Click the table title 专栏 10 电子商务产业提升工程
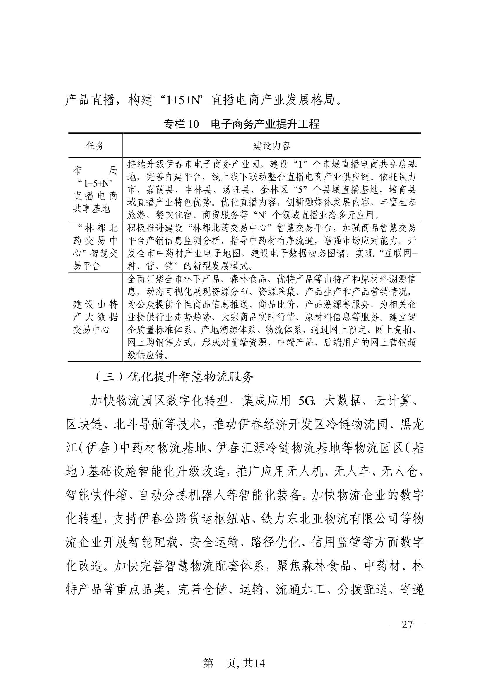pyautogui.click(x=241, y=124)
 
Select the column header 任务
pyautogui.click(x=95, y=146)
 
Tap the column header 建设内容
pyautogui.click(x=271, y=146)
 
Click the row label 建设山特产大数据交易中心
pyautogui.click(x=95, y=317)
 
